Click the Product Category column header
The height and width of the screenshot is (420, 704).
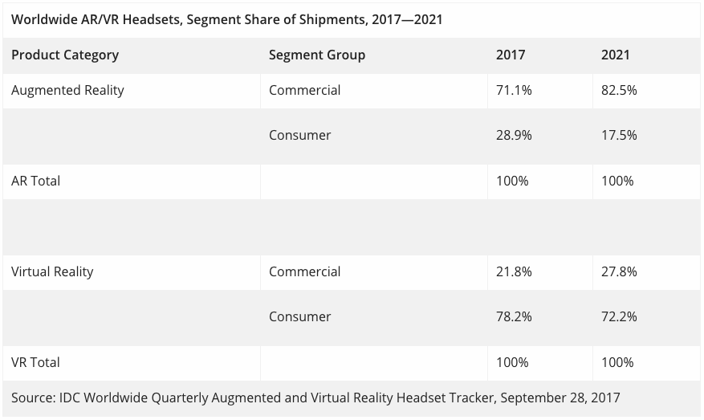tap(65, 55)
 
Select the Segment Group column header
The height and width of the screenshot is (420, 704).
tap(316, 55)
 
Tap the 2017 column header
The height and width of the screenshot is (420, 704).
tap(511, 55)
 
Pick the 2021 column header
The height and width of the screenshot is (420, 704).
tap(615, 55)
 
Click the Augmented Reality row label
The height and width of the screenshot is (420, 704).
tap(67, 90)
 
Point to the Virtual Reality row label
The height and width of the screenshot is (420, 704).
tap(52, 271)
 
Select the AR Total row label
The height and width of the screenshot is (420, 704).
tap(35, 181)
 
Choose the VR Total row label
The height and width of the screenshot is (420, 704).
tap(35, 362)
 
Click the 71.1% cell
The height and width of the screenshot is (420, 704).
tap(514, 90)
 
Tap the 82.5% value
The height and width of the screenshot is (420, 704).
tap(619, 90)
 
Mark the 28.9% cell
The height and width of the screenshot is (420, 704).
tap(514, 135)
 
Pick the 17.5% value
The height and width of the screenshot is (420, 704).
tap(619, 135)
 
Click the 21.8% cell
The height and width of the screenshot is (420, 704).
tap(514, 271)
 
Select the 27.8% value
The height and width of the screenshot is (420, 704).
tap(619, 271)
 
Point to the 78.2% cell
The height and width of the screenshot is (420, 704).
tap(514, 316)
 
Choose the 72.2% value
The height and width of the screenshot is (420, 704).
tap(619, 316)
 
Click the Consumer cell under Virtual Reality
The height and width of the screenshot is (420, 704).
tap(299, 316)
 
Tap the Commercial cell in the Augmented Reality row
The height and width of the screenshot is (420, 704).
tap(304, 90)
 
